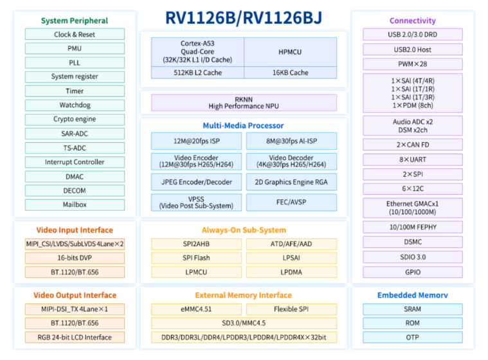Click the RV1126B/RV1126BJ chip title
[244, 18]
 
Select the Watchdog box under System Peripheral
[75, 105]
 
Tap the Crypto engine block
[75, 119]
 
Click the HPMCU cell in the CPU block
[290, 52]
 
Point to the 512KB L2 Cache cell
[197, 73]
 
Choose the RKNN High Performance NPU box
[244, 103]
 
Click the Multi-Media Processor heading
[244, 126]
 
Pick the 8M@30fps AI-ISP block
[291, 141]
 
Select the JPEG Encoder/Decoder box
[196, 182]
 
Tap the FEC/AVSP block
[291, 203]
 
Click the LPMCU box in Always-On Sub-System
[196, 272]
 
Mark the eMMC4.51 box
[196, 309]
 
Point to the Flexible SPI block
[291, 309]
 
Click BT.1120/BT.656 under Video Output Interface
[75, 323]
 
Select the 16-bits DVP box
[75, 258]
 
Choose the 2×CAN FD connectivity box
[413, 145]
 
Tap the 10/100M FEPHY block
[413, 227]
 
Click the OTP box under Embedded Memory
[413, 337]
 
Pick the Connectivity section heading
[413, 21]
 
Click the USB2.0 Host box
[413, 50]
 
